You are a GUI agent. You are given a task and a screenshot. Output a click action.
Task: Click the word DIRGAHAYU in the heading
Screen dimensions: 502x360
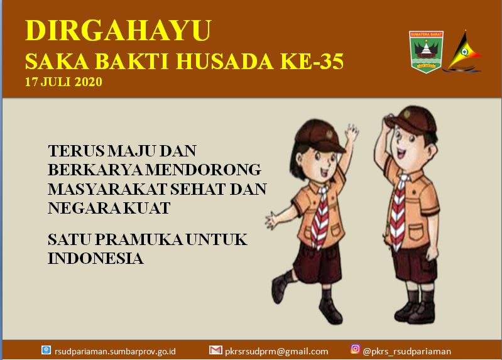(x=118, y=30)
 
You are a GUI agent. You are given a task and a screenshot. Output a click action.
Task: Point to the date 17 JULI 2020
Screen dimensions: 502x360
(x=63, y=82)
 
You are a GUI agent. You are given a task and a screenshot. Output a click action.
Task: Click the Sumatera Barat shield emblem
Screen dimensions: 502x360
(x=426, y=52)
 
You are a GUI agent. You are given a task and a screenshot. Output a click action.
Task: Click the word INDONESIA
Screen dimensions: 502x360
(x=95, y=258)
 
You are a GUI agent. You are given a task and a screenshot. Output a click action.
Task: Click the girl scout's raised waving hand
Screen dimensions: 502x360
(x=352, y=133)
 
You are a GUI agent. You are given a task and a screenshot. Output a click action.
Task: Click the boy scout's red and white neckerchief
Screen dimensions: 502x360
(x=398, y=212)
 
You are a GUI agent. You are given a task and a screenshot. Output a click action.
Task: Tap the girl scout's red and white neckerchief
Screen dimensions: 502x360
(x=320, y=217)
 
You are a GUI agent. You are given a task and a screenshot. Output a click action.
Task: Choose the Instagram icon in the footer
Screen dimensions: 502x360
(x=355, y=349)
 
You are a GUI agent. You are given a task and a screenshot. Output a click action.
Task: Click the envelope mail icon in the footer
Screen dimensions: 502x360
(x=216, y=350)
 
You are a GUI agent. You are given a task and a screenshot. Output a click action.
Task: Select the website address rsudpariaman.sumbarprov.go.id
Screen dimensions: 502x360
(x=115, y=352)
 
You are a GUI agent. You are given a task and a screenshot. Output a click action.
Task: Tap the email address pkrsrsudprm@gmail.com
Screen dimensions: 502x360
(x=276, y=352)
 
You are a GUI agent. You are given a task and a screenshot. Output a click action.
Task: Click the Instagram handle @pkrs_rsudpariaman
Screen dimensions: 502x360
(x=407, y=352)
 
